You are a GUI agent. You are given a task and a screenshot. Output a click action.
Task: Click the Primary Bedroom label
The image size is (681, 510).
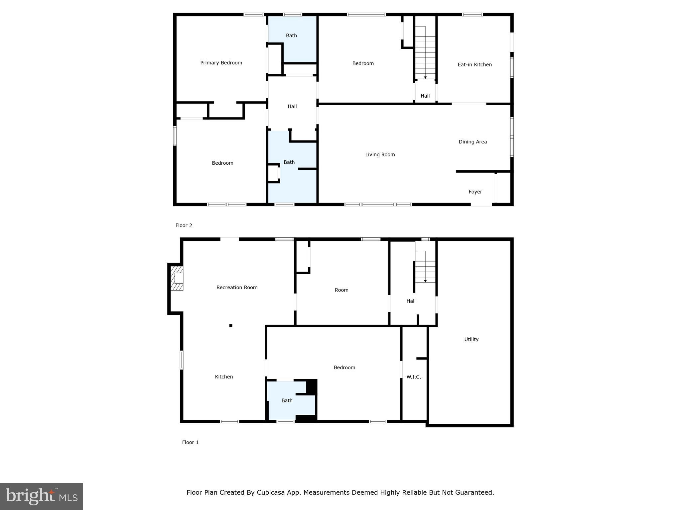click(x=221, y=63)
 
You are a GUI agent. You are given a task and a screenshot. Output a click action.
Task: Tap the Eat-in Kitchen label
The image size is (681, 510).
click(x=475, y=65)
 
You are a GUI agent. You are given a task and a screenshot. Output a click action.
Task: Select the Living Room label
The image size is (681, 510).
click(x=380, y=154)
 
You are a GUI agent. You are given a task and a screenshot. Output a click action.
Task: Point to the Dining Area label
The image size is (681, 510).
click(x=473, y=142)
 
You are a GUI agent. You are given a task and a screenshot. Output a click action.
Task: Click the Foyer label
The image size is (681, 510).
click(x=475, y=192)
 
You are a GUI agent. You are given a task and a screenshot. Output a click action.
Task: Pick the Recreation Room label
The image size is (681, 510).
click(x=237, y=288)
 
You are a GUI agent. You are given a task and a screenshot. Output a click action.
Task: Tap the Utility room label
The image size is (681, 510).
click(x=471, y=339)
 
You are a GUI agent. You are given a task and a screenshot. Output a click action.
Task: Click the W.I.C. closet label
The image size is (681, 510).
click(x=414, y=377)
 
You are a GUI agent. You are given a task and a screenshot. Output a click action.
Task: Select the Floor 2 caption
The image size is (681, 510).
click(x=184, y=225)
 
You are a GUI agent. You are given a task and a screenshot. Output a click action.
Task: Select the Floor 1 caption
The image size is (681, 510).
click(x=190, y=442)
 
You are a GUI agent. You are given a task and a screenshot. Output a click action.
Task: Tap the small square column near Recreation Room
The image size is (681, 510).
click(x=231, y=326)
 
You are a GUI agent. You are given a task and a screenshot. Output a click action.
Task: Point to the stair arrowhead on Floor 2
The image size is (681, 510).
click(x=425, y=78)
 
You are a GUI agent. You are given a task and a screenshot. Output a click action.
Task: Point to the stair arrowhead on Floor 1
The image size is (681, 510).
click(x=425, y=281)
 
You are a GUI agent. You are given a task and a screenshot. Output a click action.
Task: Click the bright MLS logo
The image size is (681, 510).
click(x=42, y=496)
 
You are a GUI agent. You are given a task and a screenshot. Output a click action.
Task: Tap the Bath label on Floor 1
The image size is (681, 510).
click(x=287, y=401)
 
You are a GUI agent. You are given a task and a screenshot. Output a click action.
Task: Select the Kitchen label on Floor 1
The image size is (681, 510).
click(x=224, y=377)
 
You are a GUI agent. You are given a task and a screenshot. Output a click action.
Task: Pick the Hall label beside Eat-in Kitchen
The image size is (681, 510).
click(x=425, y=96)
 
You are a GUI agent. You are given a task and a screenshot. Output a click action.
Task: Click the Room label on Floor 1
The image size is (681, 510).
click(x=341, y=290)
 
